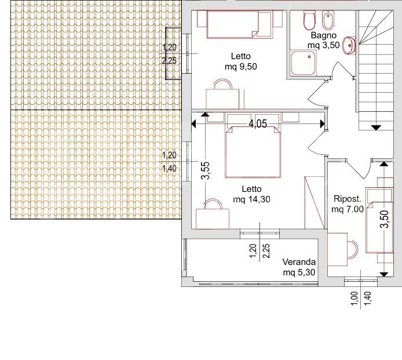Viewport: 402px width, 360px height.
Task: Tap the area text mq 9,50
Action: [x=240, y=66]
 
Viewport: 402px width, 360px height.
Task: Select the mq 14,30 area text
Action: [x=251, y=199]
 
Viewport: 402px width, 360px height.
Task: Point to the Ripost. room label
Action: [x=346, y=199]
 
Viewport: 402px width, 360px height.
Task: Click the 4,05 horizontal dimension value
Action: [x=258, y=123]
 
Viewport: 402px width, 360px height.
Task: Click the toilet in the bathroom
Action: [x=309, y=22]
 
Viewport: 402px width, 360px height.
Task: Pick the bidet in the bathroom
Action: [x=328, y=22]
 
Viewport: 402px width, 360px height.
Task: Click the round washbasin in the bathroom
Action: [x=349, y=45]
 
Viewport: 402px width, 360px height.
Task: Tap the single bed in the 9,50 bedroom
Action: [x=231, y=24]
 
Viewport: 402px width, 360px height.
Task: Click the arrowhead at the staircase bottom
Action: [x=376, y=127]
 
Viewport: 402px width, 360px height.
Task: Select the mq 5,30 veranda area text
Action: [x=299, y=272]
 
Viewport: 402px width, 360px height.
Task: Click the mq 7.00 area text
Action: [x=348, y=209]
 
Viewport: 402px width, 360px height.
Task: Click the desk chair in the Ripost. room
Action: [x=352, y=248]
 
